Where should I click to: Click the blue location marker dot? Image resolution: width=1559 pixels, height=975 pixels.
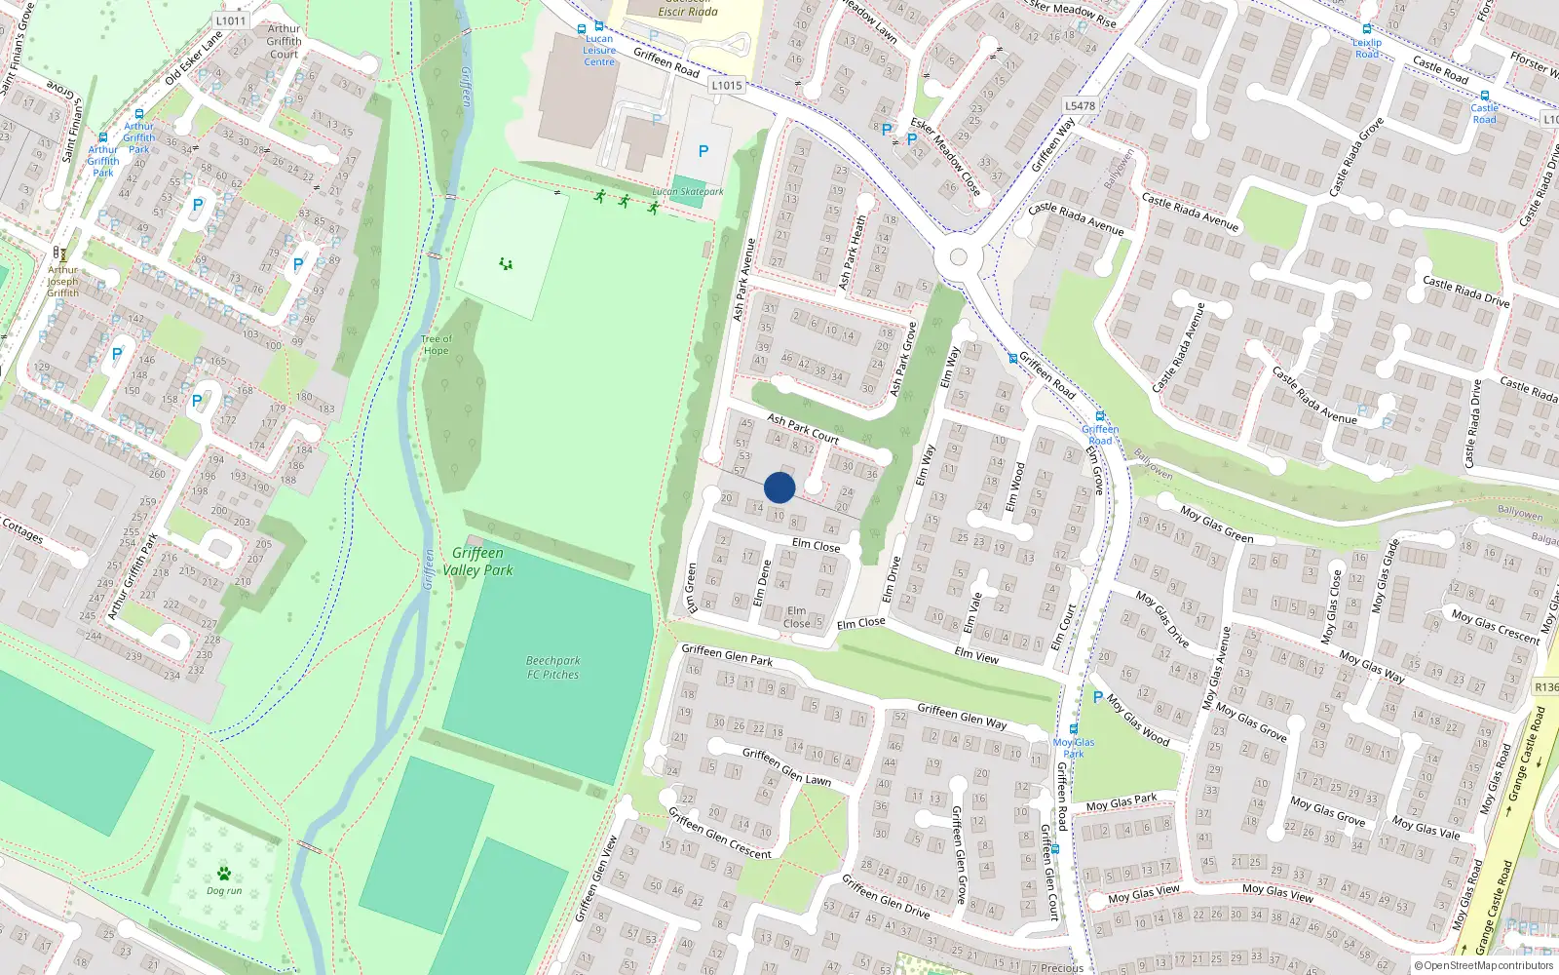pos(779,487)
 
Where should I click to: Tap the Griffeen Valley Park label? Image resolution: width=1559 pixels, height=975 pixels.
pos(477,562)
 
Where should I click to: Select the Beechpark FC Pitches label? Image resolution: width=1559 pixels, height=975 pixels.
pos(552,668)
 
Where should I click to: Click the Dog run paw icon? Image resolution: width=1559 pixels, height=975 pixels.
pos(224,873)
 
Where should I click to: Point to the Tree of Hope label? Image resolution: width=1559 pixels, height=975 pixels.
pos(436,345)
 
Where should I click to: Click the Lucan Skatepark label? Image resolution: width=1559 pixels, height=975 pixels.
pos(688,192)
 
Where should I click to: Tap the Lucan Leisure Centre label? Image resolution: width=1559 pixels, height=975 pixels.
pos(599,51)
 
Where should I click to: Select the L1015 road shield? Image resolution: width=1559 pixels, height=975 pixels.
pos(726,86)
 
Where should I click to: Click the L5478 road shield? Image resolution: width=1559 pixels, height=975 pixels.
pos(1080,106)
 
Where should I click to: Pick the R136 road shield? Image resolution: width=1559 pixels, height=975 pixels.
pos(1546,687)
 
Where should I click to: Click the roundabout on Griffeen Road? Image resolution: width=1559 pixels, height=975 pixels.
pos(958,257)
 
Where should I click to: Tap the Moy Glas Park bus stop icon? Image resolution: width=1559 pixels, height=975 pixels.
pos(1074,729)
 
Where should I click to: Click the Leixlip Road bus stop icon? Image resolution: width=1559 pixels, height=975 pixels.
pos(1367,30)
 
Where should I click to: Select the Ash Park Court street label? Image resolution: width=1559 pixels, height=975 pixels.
pos(803,428)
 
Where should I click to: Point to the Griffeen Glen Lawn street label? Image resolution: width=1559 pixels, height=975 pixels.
pos(786,767)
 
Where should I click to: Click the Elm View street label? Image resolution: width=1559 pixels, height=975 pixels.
pos(976,656)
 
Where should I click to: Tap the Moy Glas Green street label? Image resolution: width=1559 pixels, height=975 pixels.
pos(1216,525)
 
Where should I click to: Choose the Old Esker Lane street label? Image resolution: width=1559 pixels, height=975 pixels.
pos(194,58)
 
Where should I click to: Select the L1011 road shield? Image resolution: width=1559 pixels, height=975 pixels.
pos(231,20)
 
